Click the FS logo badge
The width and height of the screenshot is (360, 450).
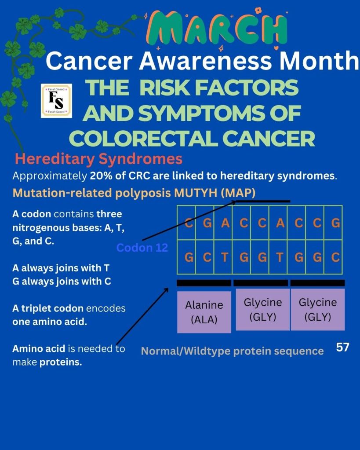click(57, 101)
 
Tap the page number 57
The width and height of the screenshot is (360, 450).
click(342, 347)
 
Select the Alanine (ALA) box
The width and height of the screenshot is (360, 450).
click(204, 312)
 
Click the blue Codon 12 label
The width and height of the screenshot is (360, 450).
click(142, 248)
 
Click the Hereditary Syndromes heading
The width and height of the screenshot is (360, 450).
click(98, 159)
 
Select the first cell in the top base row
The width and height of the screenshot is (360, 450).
click(186, 223)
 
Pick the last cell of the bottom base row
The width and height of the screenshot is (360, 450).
click(333, 257)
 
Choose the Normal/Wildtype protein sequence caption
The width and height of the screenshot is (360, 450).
click(233, 351)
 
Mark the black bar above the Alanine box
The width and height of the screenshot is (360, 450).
click(204, 283)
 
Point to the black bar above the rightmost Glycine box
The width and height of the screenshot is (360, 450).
click(317, 283)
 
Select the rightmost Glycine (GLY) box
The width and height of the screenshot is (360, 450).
click(318, 310)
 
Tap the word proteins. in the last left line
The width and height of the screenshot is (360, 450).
click(61, 362)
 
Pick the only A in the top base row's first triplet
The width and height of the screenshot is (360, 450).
click(225, 223)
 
